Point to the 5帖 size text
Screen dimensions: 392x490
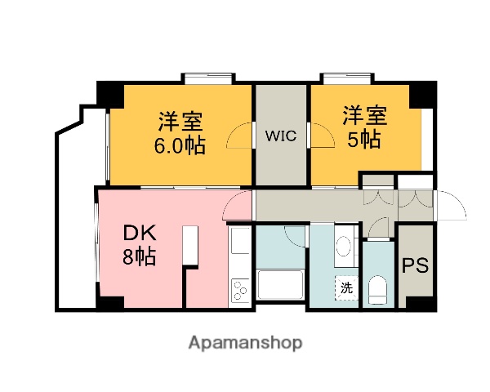[x=363, y=139]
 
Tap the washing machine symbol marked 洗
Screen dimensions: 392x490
[x=346, y=287]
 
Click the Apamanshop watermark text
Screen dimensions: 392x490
[x=245, y=341]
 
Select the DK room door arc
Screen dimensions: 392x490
[x=238, y=206]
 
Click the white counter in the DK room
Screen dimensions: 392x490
[x=191, y=245]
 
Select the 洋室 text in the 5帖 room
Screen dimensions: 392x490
[x=363, y=115]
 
